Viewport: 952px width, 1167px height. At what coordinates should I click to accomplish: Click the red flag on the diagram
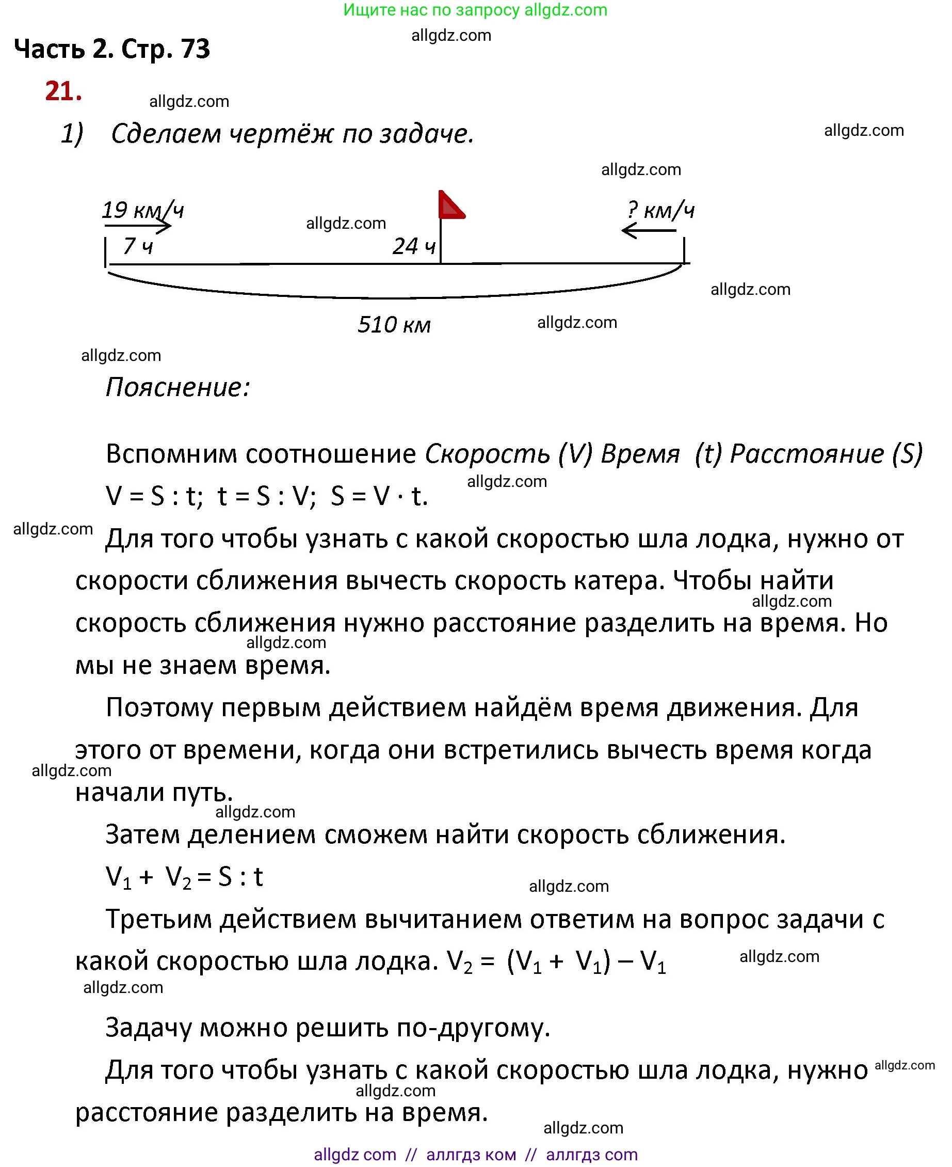pyautogui.click(x=450, y=206)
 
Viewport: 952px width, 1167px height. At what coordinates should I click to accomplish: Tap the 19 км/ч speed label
pyautogui.click(x=142, y=210)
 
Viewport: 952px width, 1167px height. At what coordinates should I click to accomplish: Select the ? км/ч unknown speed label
pyautogui.click(x=660, y=210)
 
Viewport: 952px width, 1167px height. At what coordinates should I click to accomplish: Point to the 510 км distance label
pyautogui.click(x=394, y=325)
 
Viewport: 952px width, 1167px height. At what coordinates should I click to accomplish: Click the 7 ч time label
pyautogui.click(x=138, y=246)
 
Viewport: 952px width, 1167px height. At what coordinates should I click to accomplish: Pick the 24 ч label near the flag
pyautogui.click(x=413, y=246)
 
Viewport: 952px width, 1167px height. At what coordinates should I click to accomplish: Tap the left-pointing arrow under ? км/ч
pyautogui.click(x=648, y=230)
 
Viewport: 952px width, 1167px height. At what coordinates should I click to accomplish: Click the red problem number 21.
pyautogui.click(x=63, y=91)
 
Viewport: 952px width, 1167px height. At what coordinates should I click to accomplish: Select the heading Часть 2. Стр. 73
pyautogui.click(x=112, y=49)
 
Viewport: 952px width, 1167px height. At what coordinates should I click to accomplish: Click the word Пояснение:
pyautogui.click(x=178, y=387)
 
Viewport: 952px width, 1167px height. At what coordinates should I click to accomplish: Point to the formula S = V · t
pyautogui.click(x=379, y=497)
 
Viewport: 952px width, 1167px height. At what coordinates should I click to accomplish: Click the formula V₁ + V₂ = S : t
pyautogui.click(x=184, y=877)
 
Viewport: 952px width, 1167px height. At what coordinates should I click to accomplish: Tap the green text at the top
pyautogui.click(x=475, y=10)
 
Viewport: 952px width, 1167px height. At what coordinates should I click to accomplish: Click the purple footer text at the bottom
pyautogui.click(x=475, y=1155)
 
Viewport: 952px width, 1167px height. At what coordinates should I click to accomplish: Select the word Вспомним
pyautogui.click(x=171, y=454)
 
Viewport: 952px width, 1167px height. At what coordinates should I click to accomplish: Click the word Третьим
pyautogui.click(x=158, y=919)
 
